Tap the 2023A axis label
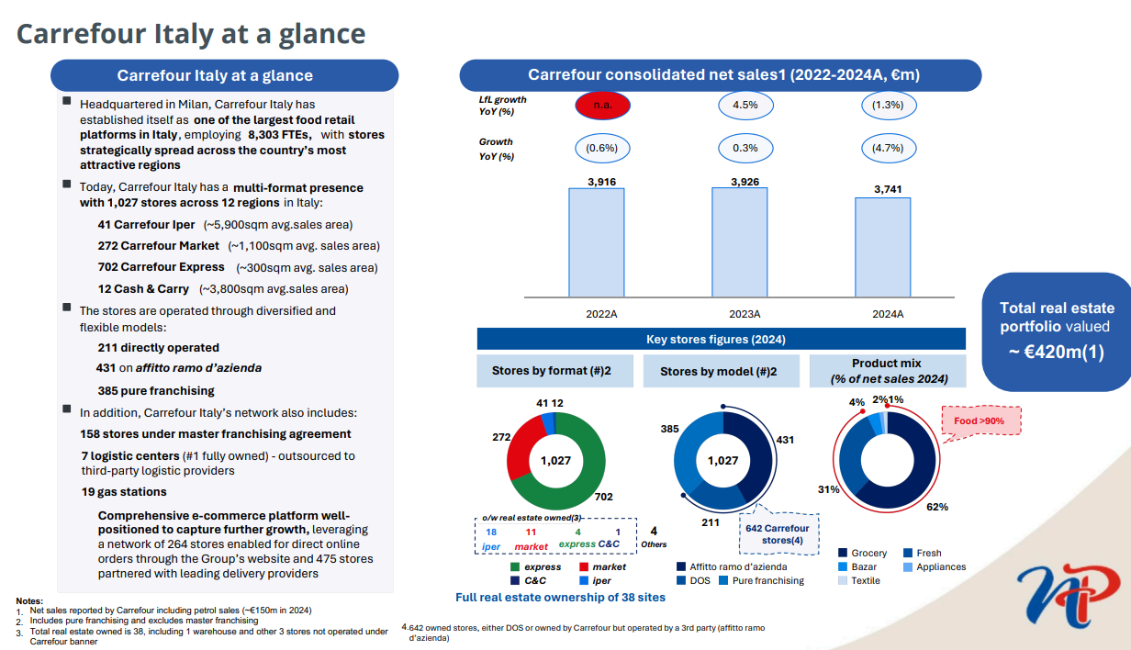(x=745, y=314)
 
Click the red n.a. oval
(x=602, y=105)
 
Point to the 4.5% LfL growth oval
(x=745, y=105)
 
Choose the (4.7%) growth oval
(x=888, y=147)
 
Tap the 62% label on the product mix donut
(x=937, y=506)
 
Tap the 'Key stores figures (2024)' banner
(x=721, y=339)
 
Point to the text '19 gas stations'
(x=124, y=491)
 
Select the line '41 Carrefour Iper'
(x=147, y=224)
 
